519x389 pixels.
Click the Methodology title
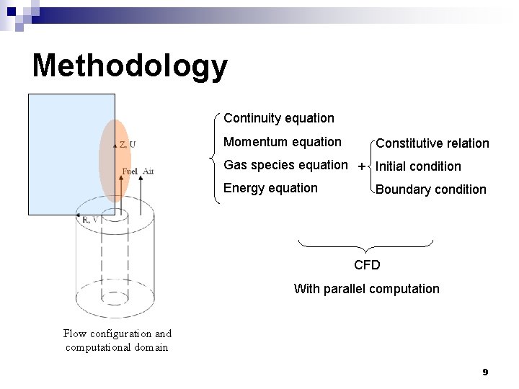tap(130, 66)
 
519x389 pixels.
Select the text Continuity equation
tap(279, 117)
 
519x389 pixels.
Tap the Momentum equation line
tap(283, 142)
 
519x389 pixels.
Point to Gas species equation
tap(285, 165)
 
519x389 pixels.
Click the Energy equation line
tap(270, 188)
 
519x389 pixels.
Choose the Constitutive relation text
tap(432, 143)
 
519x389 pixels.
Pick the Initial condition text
tap(418, 166)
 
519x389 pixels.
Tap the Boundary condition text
tap(431, 189)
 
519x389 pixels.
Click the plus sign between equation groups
tap(362, 166)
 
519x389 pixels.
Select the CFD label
tap(367, 265)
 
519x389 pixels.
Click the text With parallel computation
tap(366, 289)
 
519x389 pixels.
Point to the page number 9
tap(485, 372)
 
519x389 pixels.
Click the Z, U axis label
tap(127, 144)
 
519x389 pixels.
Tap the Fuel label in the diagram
tap(130, 171)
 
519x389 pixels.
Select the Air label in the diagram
tap(148, 171)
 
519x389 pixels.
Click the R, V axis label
tap(90, 219)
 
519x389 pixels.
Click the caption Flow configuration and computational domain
tap(117, 340)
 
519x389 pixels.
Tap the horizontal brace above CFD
tap(366, 245)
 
